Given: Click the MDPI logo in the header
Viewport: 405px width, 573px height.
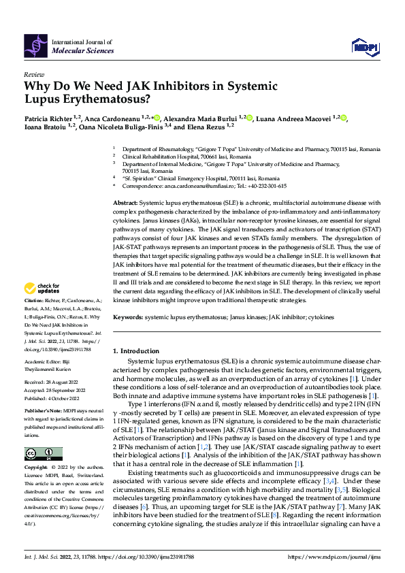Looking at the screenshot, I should coord(363,46).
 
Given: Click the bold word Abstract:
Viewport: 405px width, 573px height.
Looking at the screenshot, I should coord(125,203).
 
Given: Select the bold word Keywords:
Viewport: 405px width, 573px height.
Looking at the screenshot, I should coord(128,318).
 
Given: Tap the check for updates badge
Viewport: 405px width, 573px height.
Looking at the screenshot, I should coord(43,308).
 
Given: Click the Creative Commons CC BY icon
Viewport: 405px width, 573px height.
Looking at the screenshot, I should coord(40,454).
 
